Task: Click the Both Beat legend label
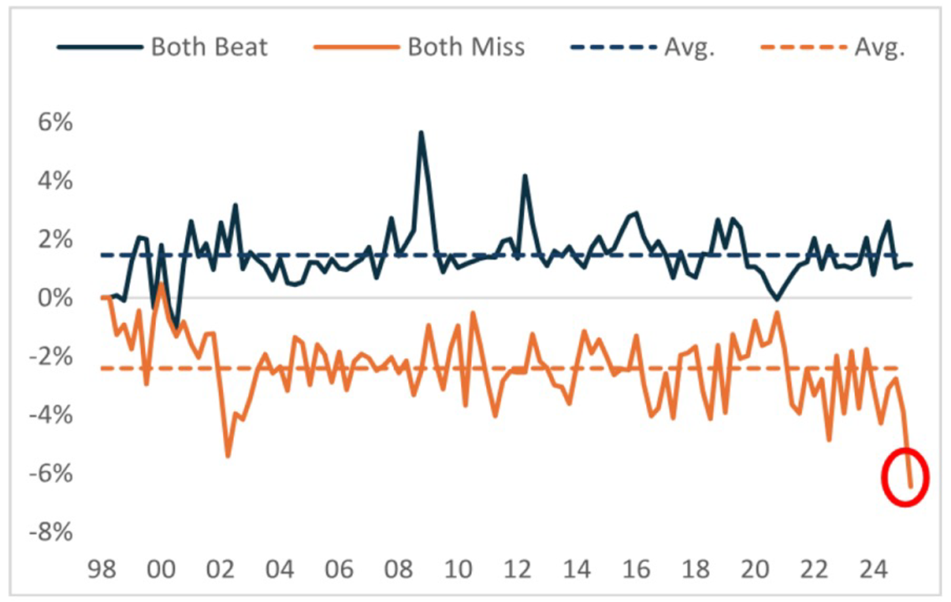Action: (209, 47)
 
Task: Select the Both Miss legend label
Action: (466, 47)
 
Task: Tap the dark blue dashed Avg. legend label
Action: (689, 47)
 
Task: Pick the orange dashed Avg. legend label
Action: (879, 47)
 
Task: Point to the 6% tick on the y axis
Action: (55, 122)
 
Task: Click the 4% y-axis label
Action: (55, 181)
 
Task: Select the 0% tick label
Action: (55, 298)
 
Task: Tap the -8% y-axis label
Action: (51, 532)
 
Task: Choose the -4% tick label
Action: (51, 415)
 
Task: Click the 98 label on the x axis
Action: (102, 569)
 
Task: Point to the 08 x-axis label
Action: (398, 569)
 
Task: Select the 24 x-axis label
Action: (874, 569)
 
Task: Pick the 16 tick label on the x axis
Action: (636, 569)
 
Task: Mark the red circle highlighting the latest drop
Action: (905, 477)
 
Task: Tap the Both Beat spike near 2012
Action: (525, 176)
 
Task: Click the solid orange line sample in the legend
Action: (356, 47)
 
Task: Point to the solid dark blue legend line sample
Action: (100, 47)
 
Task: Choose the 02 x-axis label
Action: (220, 569)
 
